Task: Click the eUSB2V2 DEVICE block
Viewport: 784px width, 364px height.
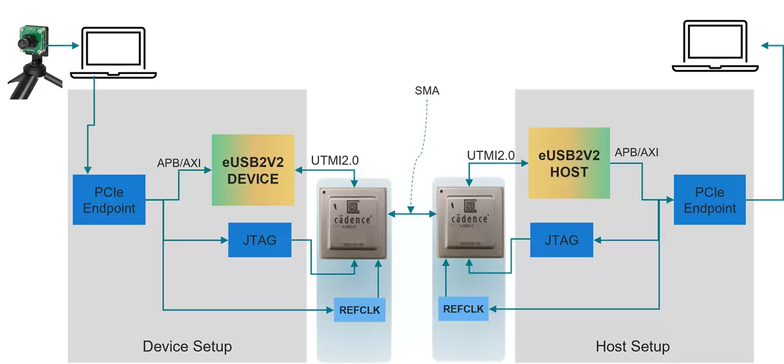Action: pyautogui.click(x=253, y=170)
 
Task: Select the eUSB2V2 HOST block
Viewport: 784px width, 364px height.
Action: pyautogui.click(x=569, y=163)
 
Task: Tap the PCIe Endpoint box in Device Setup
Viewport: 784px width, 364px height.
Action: pyautogui.click(x=109, y=200)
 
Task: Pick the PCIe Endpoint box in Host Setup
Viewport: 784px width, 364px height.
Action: pyautogui.click(x=710, y=200)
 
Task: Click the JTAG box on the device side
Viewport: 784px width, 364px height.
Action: pyautogui.click(x=260, y=240)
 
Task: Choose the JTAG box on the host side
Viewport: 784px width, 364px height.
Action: pyautogui.click(x=561, y=240)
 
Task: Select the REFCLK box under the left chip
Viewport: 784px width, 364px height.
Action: pyautogui.click(x=360, y=310)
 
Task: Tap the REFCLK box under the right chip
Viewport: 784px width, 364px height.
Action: pyautogui.click(x=464, y=308)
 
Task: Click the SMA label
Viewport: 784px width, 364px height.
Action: pyautogui.click(x=426, y=91)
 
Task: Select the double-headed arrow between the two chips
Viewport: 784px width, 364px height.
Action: pyautogui.click(x=412, y=213)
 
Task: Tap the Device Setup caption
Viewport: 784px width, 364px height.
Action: pyautogui.click(x=187, y=346)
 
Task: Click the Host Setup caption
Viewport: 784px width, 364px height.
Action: pyautogui.click(x=632, y=347)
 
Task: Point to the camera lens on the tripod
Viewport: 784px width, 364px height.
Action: pyautogui.click(x=26, y=42)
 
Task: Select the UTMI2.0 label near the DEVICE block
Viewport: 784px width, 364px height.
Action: pyautogui.click(x=335, y=161)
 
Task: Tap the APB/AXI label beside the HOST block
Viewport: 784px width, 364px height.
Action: pyautogui.click(x=636, y=153)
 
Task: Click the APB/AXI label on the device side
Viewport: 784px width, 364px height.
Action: pyautogui.click(x=179, y=162)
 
